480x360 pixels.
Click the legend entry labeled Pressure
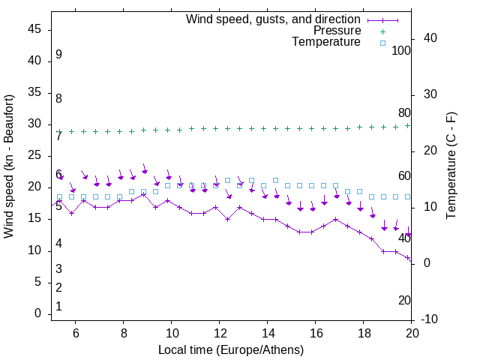coord(337,31)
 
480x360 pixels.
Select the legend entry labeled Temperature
coord(326,43)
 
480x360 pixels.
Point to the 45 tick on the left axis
coord(34,29)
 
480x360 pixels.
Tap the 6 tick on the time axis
coord(75,333)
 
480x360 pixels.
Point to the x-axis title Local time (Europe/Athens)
coord(231,349)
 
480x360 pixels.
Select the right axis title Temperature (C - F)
coord(451,166)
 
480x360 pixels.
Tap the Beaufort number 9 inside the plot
coord(58,55)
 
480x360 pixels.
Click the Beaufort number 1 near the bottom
coord(58,306)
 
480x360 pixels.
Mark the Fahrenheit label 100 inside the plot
coord(401,50)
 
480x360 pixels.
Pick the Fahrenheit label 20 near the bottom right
coord(404,300)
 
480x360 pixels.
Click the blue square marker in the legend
coord(382,43)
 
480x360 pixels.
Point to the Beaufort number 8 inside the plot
coord(58,98)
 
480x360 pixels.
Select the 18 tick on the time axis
coord(363,333)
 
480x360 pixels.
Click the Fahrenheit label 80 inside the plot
coord(404,112)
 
